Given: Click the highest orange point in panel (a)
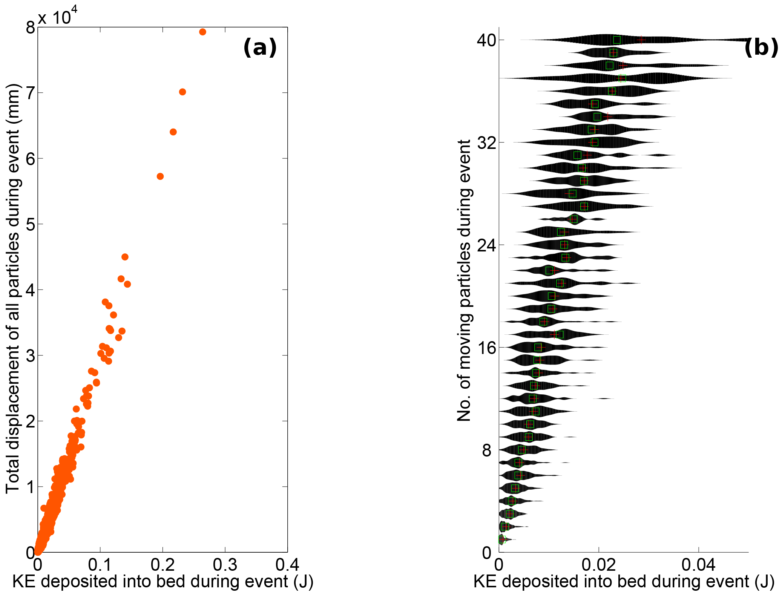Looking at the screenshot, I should pos(202,32).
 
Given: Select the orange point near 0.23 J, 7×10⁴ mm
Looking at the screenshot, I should pos(182,92).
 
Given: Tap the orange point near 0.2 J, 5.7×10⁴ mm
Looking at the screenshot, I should pos(160,176).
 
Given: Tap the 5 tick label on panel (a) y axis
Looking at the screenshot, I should pos(30,224).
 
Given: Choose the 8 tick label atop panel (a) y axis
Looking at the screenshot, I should pos(30,28).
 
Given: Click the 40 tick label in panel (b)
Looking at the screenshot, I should pos(486,40).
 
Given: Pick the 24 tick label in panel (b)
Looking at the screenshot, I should pos(486,245).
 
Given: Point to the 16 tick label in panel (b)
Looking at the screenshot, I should pos(486,348).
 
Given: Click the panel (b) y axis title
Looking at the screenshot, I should pos(464,281).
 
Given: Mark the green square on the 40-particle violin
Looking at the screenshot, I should pos(617,40).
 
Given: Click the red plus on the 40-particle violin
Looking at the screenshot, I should pos(641,40).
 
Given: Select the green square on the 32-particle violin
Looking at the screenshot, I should pos(595,142).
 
